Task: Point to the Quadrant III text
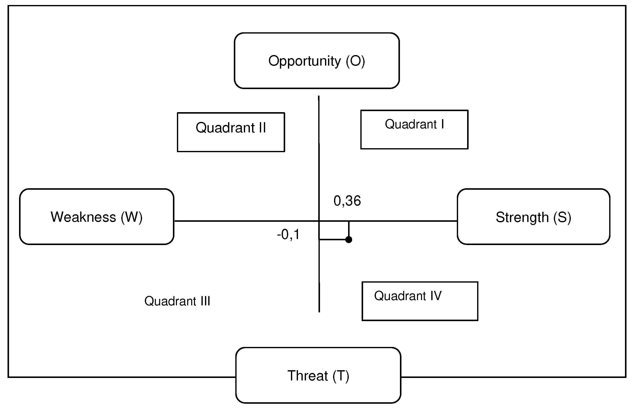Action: click(x=177, y=301)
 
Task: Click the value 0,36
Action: click(x=347, y=201)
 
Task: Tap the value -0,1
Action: click(x=288, y=235)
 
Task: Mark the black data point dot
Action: click(x=348, y=240)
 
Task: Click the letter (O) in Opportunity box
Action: click(x=355, y=61)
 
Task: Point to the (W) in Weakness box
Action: click(x=132, y=217)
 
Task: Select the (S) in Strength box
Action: click(x=562, y=217)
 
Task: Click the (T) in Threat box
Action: click(x=341, y=376)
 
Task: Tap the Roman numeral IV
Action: click(x=436, y=296)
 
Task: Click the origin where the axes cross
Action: click(x=319, y=221)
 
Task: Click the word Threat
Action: click(x=308, y=376)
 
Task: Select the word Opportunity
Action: click(x=304, y=61)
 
